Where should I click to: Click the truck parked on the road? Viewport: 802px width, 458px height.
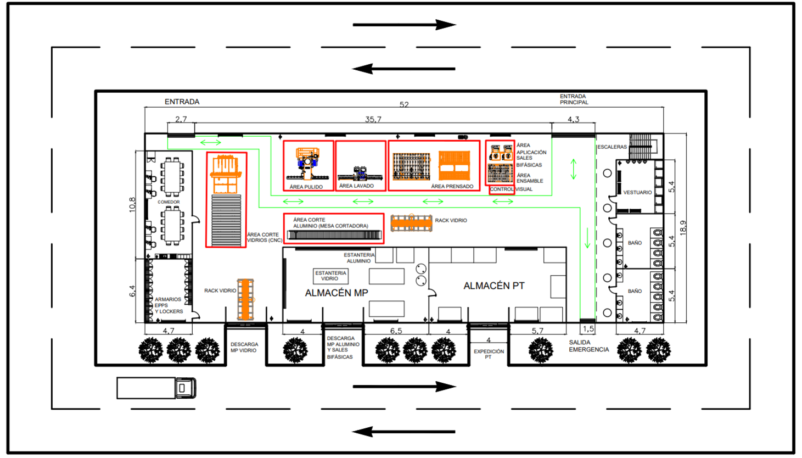[x=156, y=388]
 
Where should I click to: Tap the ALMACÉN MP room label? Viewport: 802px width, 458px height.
[x=336, y=293]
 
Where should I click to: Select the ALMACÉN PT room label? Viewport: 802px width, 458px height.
[x=493, y=286]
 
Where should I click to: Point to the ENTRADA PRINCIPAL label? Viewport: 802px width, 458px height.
[x=574, y=99]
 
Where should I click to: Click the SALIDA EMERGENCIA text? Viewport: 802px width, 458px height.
[x=588, y=346]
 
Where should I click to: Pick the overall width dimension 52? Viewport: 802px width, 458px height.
[x=404, y=104]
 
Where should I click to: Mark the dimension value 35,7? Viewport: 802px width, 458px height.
[x=373, y=119]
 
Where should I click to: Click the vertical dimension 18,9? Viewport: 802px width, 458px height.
[x=683, y=227]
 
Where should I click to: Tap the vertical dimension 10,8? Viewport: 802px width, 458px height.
[x=132, y=204]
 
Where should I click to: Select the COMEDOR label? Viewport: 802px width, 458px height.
[x=169, y=202]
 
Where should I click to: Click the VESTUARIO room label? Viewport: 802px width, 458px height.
[x=637, y=193]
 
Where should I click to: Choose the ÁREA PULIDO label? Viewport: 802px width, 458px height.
[x=306, y=187]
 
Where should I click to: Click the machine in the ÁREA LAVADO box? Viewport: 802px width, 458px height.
[x=360, y=173]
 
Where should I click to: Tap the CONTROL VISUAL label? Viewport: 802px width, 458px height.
[x=511, y=189]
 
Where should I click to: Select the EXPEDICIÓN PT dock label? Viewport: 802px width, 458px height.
[x=489, y=354]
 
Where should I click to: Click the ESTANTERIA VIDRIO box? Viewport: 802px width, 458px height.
[x=330, y=276]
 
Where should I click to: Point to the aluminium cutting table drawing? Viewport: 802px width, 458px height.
[x=334, y=235]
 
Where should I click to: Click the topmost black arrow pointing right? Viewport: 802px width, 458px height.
[x=404, y=25]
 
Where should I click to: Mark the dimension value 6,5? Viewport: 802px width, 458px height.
[x=396, y=331]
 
